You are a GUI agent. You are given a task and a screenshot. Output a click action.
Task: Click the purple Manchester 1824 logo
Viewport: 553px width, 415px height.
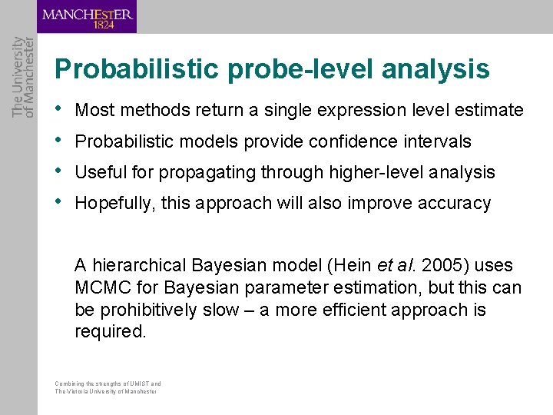[x=87, y=17]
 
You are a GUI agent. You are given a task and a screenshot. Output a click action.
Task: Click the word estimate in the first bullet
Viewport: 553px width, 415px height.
[x=488, y=111]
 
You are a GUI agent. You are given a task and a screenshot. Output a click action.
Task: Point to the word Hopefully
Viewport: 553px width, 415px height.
[x=114, y=204]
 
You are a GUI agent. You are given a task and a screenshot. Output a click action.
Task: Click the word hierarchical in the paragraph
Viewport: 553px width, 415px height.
[x=137, y=266]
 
